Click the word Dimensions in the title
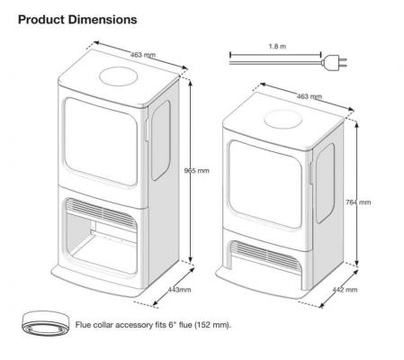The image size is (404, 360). pos(103,20)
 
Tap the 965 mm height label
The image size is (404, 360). pos(196,171)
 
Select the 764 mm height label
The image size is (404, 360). pos(358,202)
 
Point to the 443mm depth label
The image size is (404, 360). pos(179,290)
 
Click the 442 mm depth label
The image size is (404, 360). pos(345,290)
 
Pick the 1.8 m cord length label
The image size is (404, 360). pos(277,47)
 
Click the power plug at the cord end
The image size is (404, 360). pos(334,62)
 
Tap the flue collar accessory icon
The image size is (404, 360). pos(46,323)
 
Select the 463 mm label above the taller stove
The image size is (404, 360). pos(143,55)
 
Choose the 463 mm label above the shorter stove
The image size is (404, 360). pos(310,96)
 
